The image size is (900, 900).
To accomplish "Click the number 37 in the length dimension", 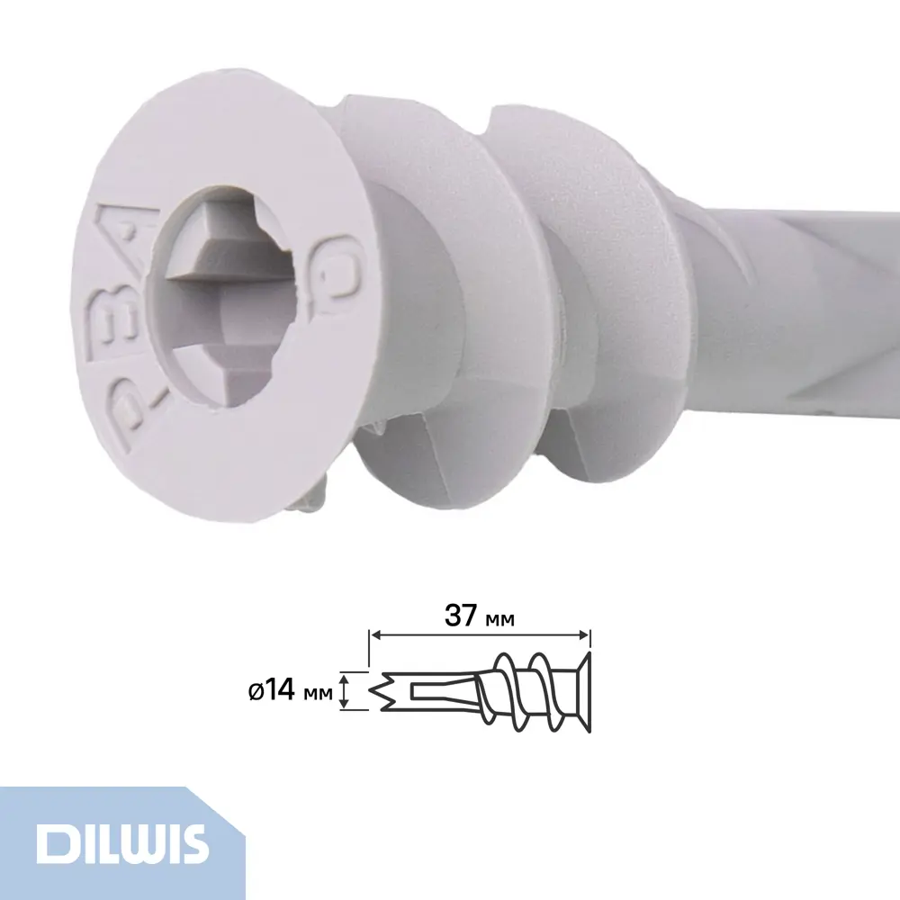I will pyautogui.click(x=463, y=616).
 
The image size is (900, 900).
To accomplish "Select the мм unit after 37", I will pyautogui.click(x=501, y=619).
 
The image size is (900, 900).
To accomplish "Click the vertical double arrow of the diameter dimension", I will pyautogui.click(x=343, y=691).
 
